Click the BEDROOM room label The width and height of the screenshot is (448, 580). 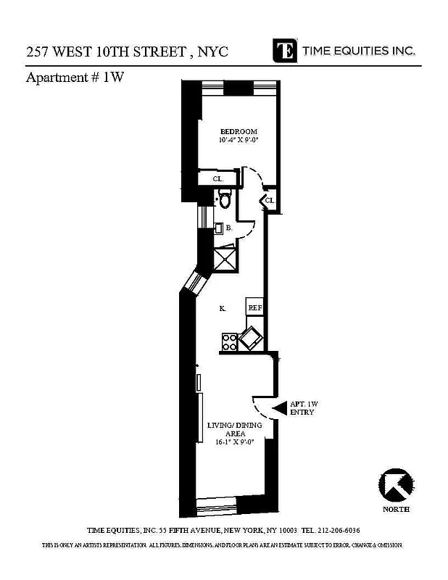point(238,131)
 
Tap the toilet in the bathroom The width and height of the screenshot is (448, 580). point(224,199)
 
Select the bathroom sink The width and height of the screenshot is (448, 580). point(217,228)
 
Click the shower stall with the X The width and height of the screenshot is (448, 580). point(227,258)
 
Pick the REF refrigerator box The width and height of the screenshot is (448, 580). point(254,307)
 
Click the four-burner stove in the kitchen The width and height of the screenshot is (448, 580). point(230,341)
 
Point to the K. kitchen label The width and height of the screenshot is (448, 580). point(223,309)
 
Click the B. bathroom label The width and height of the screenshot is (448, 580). point(228,228)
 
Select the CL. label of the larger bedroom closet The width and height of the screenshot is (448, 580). point(217,179)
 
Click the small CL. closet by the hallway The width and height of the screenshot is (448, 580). point(269,200)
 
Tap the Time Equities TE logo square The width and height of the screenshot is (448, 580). point(285,50)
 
